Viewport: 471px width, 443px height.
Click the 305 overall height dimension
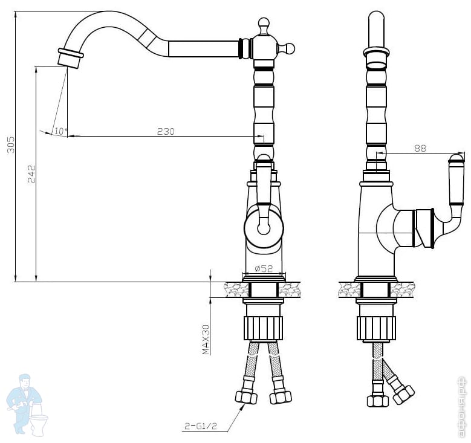coord(11,145)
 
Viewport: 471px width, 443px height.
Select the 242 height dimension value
coord(31,174)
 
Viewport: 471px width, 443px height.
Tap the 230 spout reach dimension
coord(166,131)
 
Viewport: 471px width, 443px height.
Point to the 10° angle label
coord(60,131)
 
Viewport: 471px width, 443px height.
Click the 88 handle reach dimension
coord(420,148)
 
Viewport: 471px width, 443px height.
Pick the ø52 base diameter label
coord(264,268)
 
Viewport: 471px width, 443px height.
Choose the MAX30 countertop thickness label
coord(206,340)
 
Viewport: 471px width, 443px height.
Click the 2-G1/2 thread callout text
coord(200,426)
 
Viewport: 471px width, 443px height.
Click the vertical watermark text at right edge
coord(464,406)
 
